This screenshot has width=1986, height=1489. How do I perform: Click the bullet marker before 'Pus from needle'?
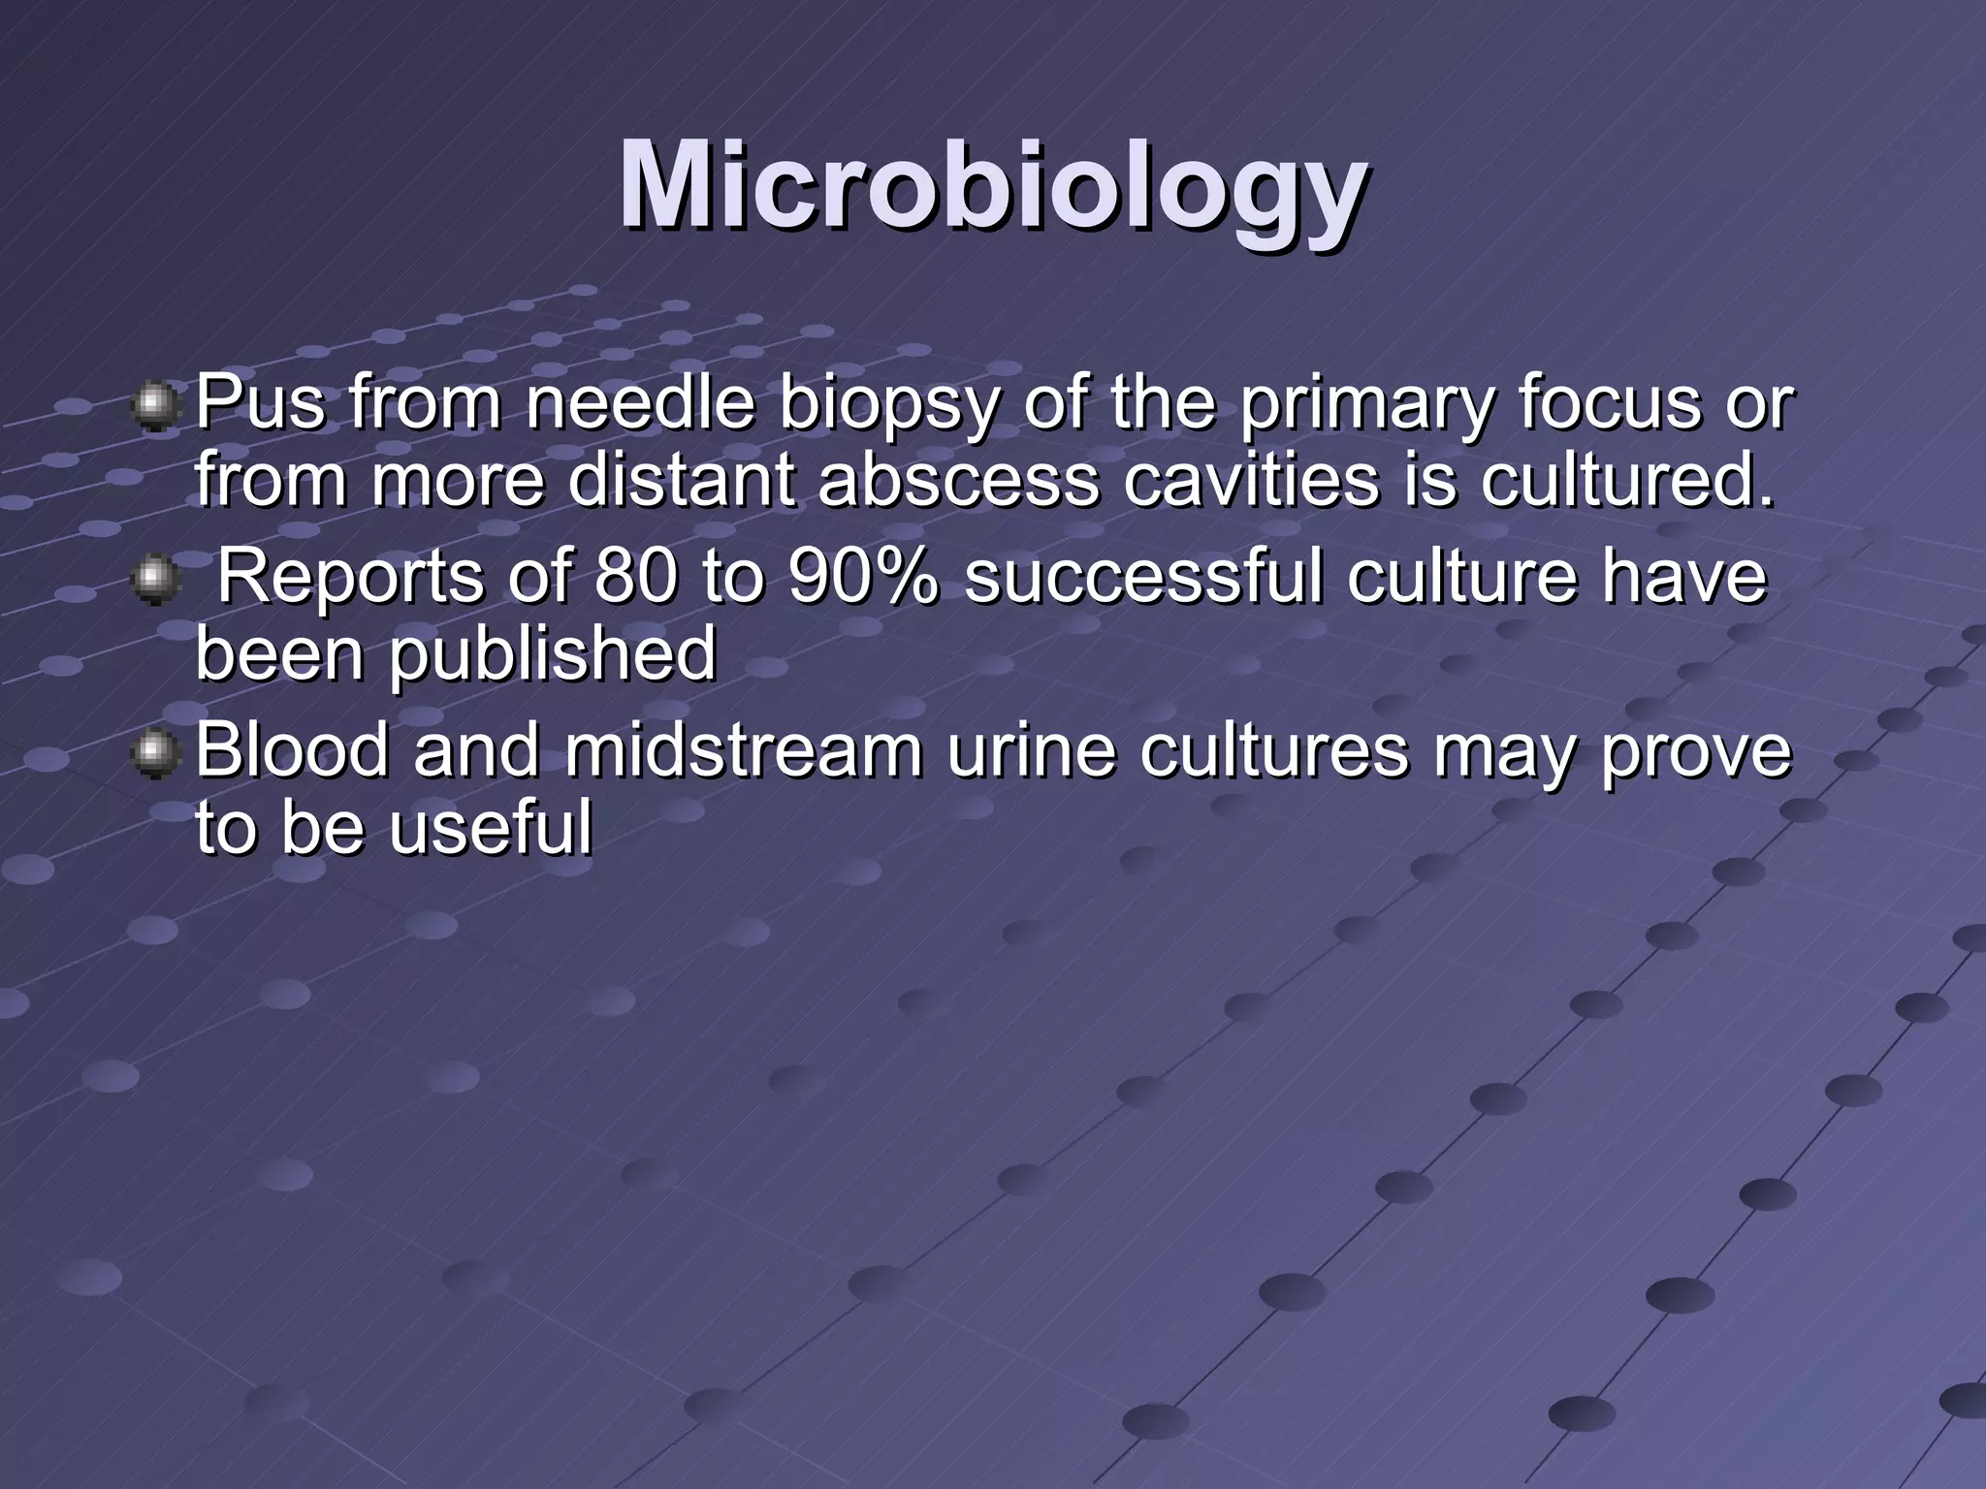pyautogui.click(x=154, y=406)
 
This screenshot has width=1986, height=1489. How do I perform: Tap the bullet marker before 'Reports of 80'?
pyautogui.click(x=154, y=581)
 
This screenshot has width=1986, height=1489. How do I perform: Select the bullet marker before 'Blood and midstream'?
pyautogui.click(x=154, y=756)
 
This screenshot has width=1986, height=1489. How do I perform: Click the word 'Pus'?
pyautogui.click(x=260, y=404)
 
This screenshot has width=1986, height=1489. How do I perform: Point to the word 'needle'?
pyautogui.click(x=640, y=404)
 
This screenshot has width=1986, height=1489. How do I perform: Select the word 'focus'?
pyautogui.click(x=1609, y=404)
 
